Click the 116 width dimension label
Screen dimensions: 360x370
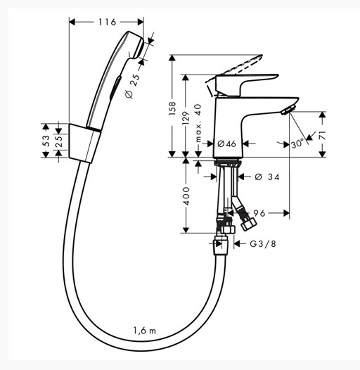tap(108, 23)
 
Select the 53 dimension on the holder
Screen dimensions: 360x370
tap(46, 141)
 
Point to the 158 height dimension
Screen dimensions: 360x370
tap(172, 108)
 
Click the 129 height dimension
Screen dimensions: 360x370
tap(186, 118)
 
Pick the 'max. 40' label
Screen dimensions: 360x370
tap(198, 123)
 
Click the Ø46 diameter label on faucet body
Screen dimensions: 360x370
tap(226, 143)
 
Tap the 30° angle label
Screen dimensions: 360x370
tap(297, 143)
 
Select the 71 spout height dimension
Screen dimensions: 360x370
tap(323, 135)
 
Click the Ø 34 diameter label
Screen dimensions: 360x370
tap(267, 177)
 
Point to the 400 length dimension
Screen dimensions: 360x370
tap(186, 196)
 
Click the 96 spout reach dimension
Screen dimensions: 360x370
tap(259, 213)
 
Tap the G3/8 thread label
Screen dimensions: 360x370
tap(263, 244)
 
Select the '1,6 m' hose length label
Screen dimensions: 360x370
tap(145, 331)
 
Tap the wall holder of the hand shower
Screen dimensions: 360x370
tap(84, 143)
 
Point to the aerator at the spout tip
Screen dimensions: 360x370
tap(288, 110)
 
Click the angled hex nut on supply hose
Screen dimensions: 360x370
tap(249, 224)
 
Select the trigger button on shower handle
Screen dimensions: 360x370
tap(115, 87)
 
